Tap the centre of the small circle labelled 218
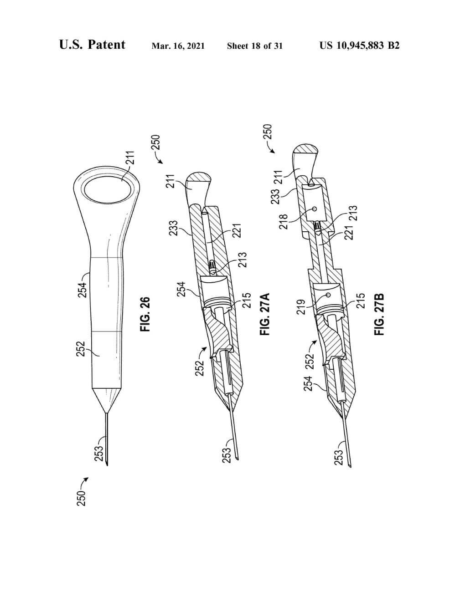click(x=315, y=209)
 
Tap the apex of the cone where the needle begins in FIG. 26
click(x=106, y=413)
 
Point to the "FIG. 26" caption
click(x=145, y=314)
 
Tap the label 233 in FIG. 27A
click(x=174, y=228)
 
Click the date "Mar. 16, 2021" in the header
click(x=178, y=46)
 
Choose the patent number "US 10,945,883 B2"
click(x=359, y=46)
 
